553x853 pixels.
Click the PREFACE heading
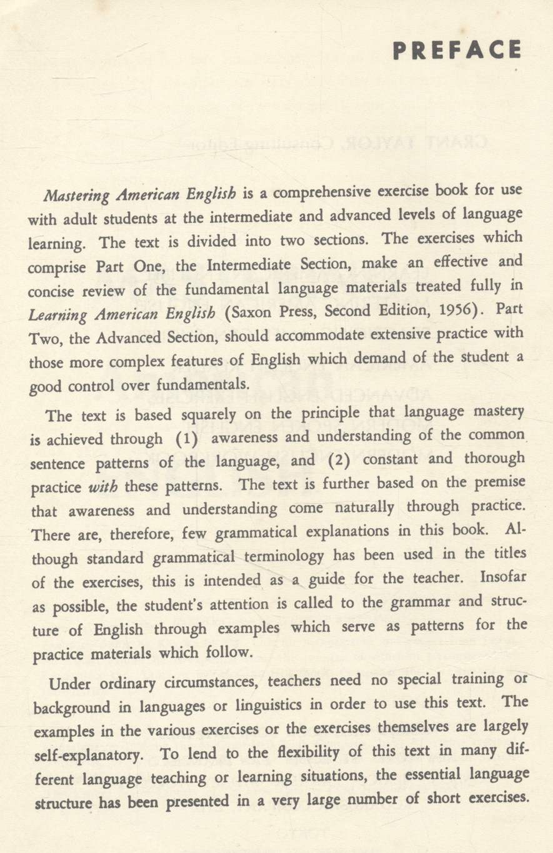tap(456, 51)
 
